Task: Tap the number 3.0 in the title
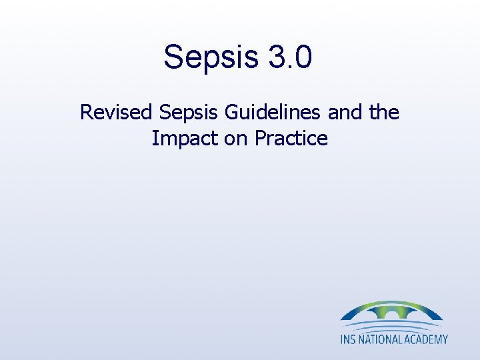click(x=290, y=56)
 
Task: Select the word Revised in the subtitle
click(x=115, y=112)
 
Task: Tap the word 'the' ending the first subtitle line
click(x=383, y=112)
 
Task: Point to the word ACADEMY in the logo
click(x=427, y=339)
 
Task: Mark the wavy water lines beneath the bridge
click(x=392, y=327)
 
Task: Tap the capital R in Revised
click(x=86, y=112)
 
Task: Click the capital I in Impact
click(x=154, y=139)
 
